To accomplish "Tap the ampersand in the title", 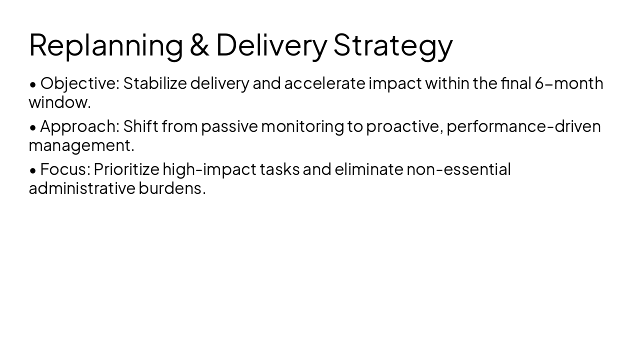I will point(199,45).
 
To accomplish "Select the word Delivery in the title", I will point(271,45).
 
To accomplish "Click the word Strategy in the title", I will point(393,45).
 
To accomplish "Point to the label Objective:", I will point(80,83).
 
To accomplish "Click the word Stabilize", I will point(154,83).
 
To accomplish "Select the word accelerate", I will point(324,83).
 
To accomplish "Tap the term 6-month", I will point(569,83).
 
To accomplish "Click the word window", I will point(59,102).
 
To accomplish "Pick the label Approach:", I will point(80,126).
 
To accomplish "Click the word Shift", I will point(140,126).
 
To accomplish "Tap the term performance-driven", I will point(523,126).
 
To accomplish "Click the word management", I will point(81,145).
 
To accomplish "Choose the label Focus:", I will point(65,169).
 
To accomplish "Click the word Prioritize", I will point(126,169).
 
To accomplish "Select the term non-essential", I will point(458,169).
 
